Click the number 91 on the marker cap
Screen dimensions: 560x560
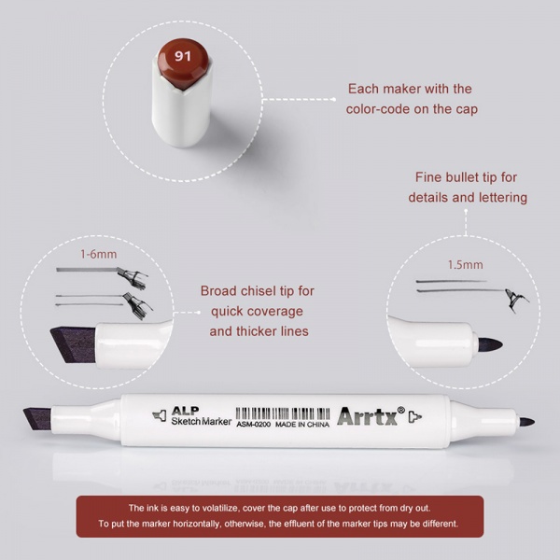(x=183, y=56)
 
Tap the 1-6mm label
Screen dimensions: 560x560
(x=99, y=254)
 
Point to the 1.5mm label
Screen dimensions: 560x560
(x=466, y=265)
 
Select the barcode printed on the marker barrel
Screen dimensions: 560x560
(x=283, y=413)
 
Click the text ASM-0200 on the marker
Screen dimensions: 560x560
(x=253, y=425)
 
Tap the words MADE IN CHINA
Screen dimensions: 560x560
(x=302, y=425)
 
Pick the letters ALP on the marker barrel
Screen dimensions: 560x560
(x=185, y=411)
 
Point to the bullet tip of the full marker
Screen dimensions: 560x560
(x=526, y=422)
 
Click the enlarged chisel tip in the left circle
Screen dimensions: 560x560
(x=74, y=344)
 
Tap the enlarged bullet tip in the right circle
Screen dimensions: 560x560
(x=490, y=344)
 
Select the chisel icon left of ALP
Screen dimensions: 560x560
(x=160, y=415)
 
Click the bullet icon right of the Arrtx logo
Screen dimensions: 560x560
(x=415, y=416)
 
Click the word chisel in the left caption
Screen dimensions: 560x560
(x=253, y=291)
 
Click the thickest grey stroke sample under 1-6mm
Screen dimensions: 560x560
(x=87, y=270)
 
